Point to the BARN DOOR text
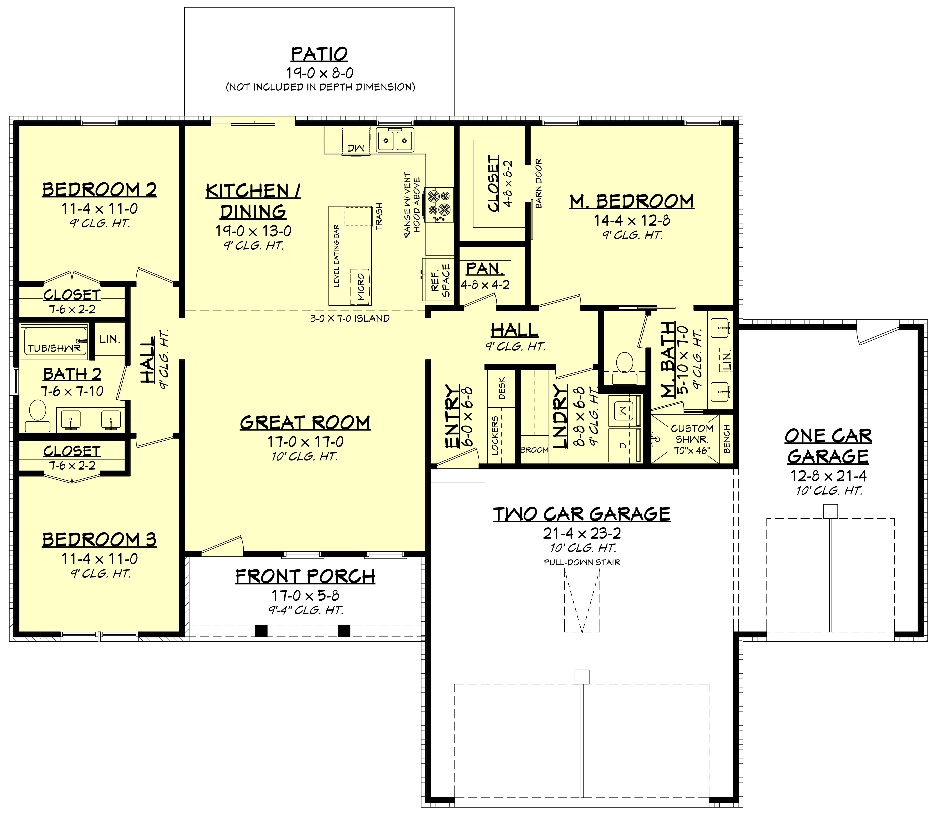(539, 183)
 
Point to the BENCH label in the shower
(726, 439)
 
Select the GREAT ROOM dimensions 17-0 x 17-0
(305, 442)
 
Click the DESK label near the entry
(502, 388)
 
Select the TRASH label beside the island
(379, 216)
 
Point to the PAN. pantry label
(485, 269)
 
